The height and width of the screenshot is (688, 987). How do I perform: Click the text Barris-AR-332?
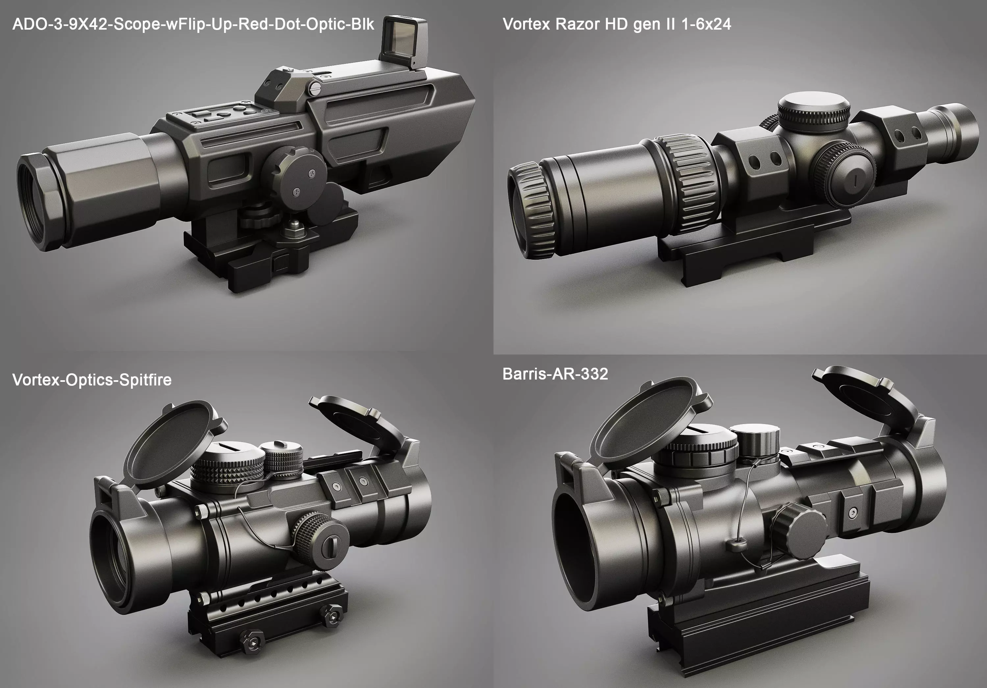(555, 374)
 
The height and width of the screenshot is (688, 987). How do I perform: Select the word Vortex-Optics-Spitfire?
(91, 380)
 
